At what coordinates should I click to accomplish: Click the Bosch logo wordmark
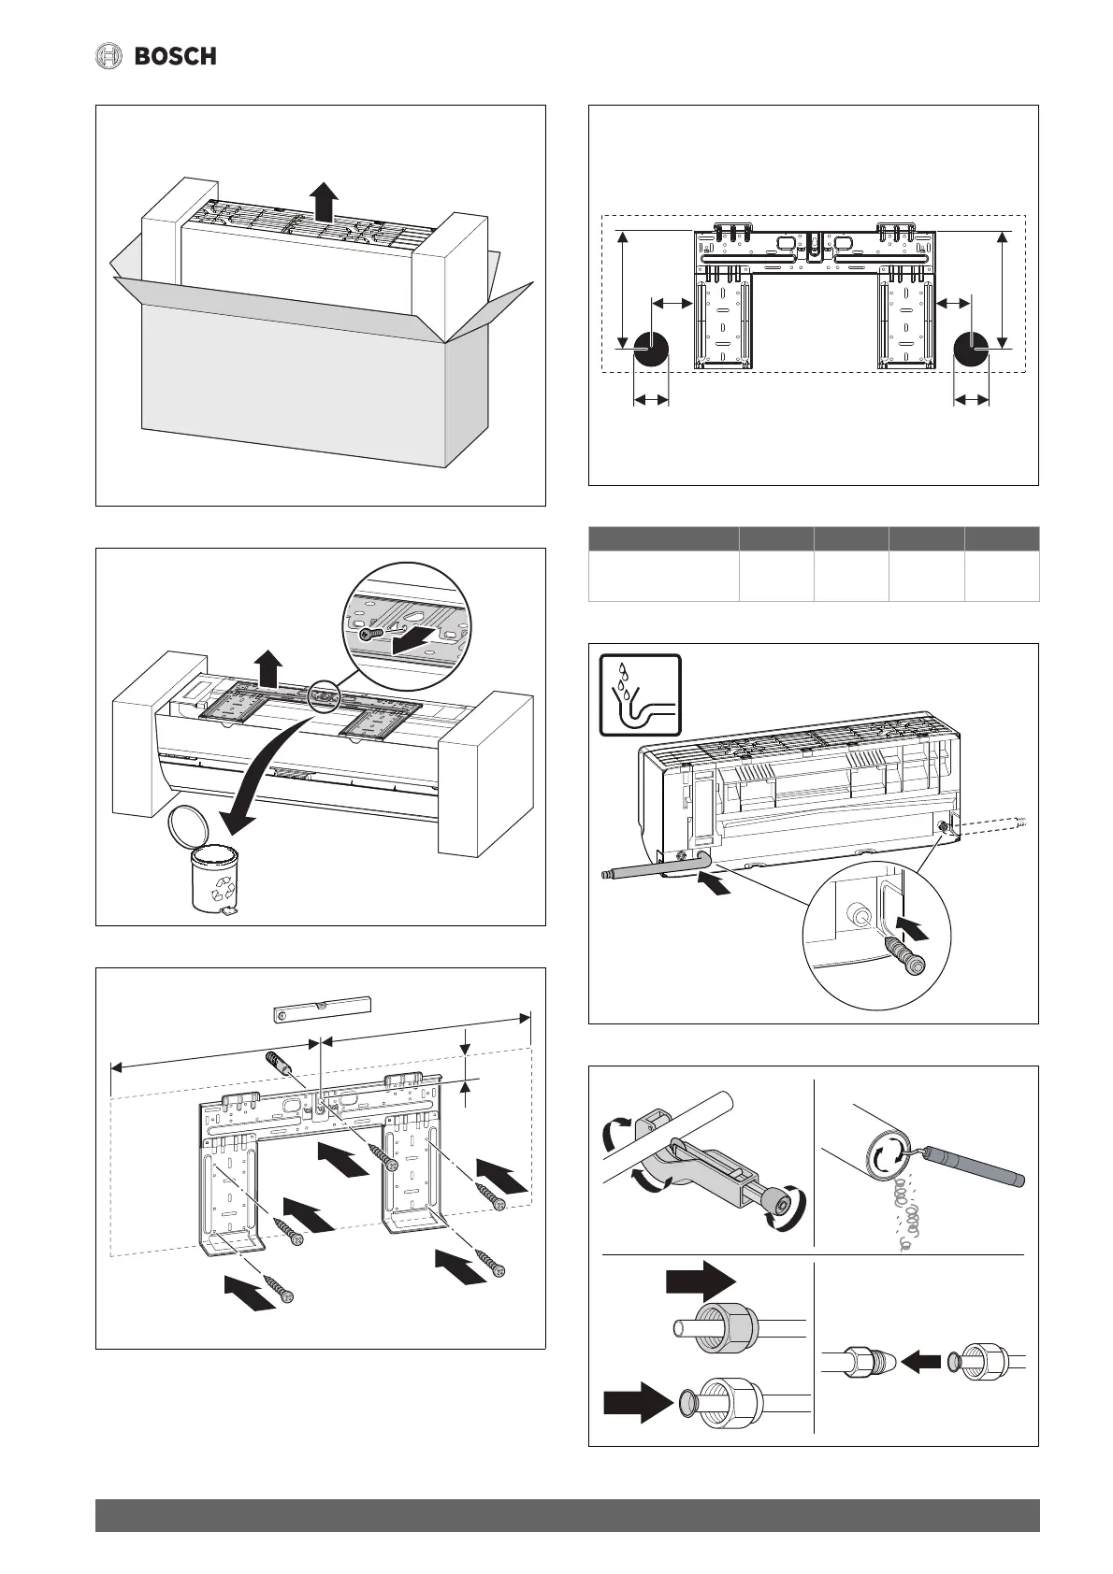click(x=175, y=57)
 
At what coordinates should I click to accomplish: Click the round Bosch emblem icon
click(x=110, y=57)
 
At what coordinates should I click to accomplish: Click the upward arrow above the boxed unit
click(x=325, y=201)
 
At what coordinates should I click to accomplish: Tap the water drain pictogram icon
click(x=639, y=695)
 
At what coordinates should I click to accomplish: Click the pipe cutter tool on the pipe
click(x=711, y=1176)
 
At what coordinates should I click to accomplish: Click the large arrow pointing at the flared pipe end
click(x=640, y=1401)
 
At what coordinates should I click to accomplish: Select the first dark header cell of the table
click(x=663, y=538)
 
